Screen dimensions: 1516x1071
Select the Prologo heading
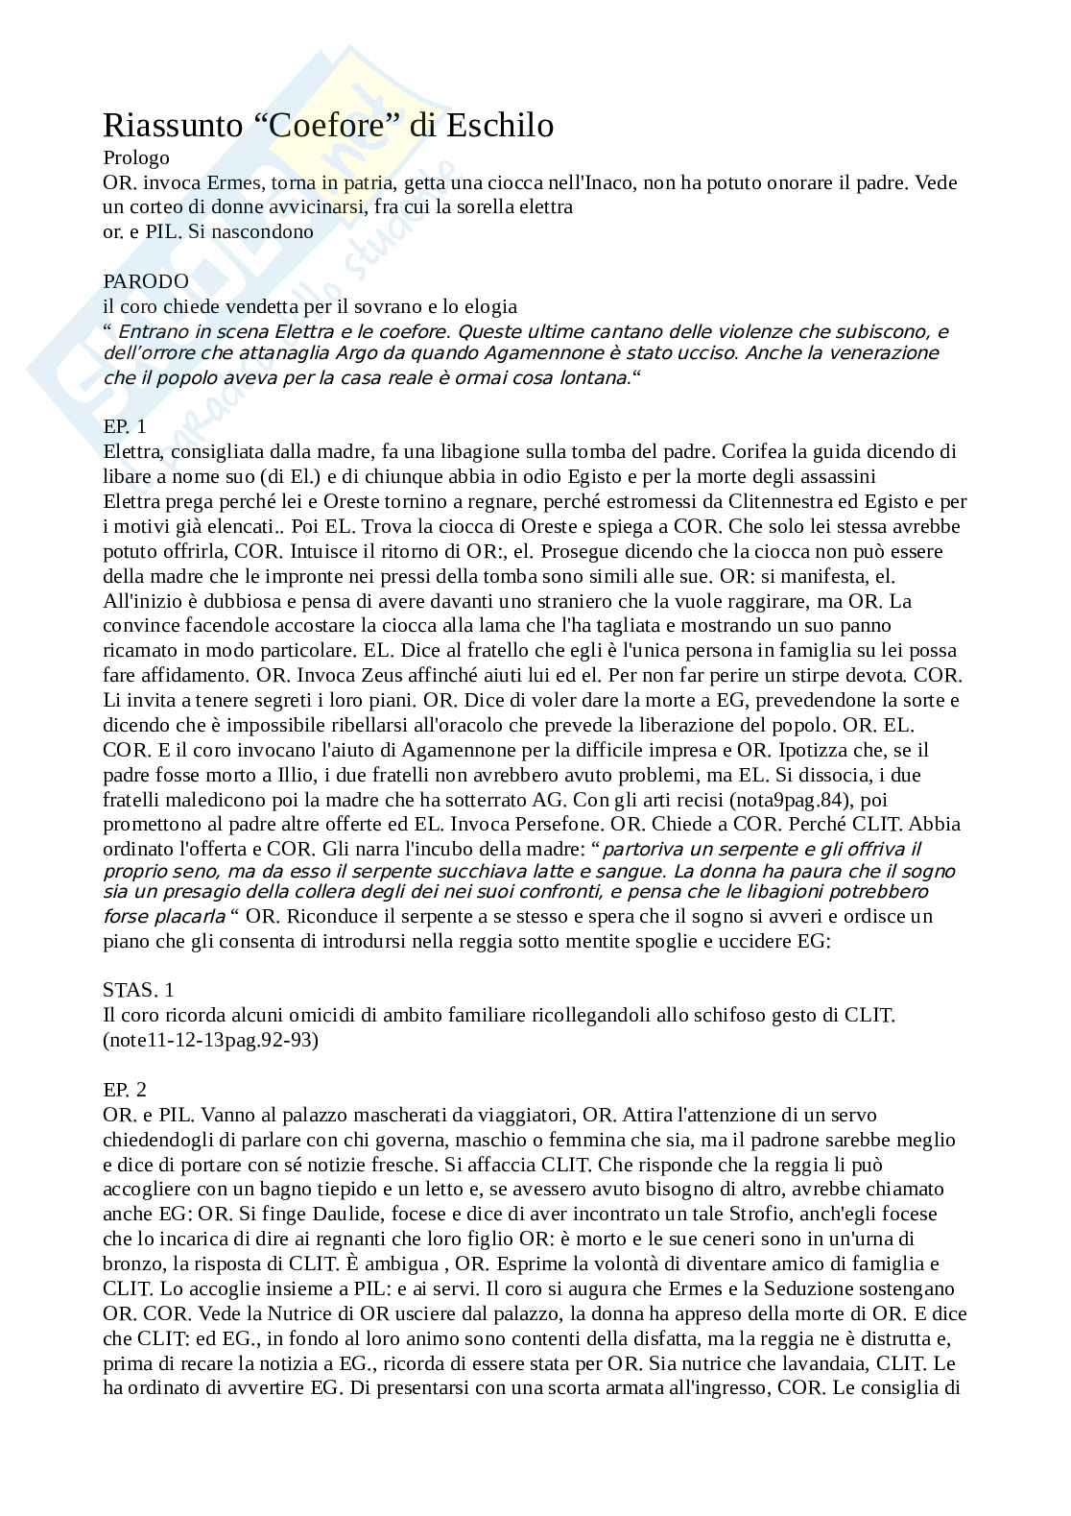click(136, 158)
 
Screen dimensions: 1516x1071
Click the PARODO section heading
click(146, 281)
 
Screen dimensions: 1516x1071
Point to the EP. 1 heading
click(125, 427)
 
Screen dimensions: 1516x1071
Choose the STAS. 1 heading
click(139, 990)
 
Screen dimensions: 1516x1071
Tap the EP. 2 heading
click(125, 1090)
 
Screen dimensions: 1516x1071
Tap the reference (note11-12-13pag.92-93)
click(210, 1040)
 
